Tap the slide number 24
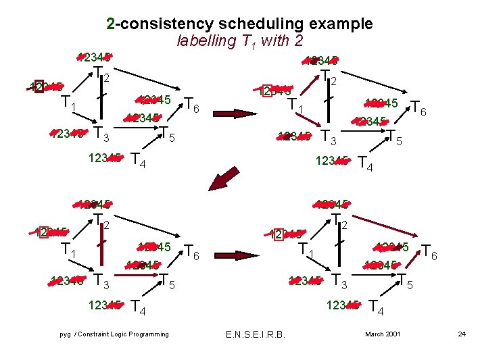coord(462,334)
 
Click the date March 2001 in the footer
coord(383,334)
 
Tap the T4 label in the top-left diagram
coord(138,161)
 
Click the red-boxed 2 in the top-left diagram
coord(39,87)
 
